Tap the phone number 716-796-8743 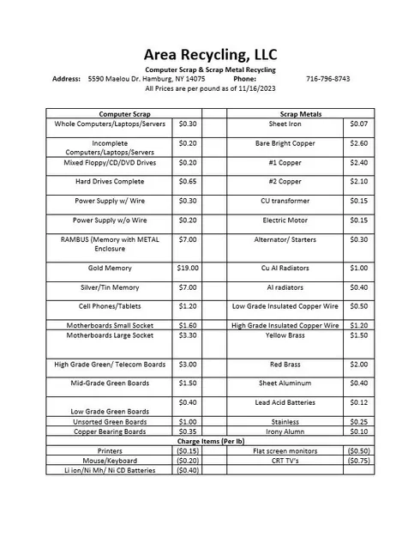(x=327, y=79)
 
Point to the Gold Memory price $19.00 (x=187, y=268)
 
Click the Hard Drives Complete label (x=110, y=182)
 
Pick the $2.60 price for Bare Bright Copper (x=359, y=143)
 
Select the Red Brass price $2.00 (x=359, y=365)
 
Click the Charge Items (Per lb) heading (x=211, y=441)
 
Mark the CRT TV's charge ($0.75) (x=359, y=461)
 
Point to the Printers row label (x=110, y=451)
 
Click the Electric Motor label (x=285, y=220)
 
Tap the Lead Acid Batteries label (x=285, y=402)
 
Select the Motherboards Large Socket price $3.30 (x=187, y=335)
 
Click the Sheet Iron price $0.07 (x=359, y=124)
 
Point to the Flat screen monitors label (x=285, y=451)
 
